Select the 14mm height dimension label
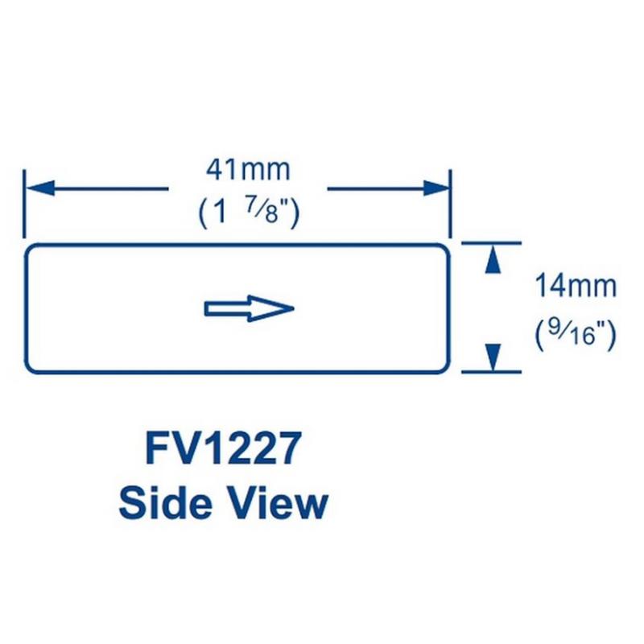click(576, 286)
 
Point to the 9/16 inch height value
click(576, 332)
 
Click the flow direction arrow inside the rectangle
click(250, 308)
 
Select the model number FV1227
click(223, 448)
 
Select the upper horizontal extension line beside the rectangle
click(491, 242)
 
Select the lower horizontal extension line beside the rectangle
click(491, 373)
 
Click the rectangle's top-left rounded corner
click(30, 247)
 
